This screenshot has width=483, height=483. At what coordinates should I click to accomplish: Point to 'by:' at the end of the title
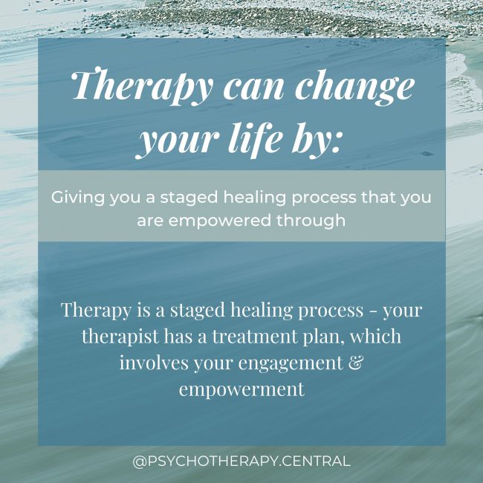[319, 140]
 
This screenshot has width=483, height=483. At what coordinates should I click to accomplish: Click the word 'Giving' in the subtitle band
[74, 198]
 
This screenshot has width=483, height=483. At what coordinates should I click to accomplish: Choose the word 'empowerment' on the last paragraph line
[241, 390]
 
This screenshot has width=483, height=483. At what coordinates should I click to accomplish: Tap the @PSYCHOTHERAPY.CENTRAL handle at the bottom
[241, 461]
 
